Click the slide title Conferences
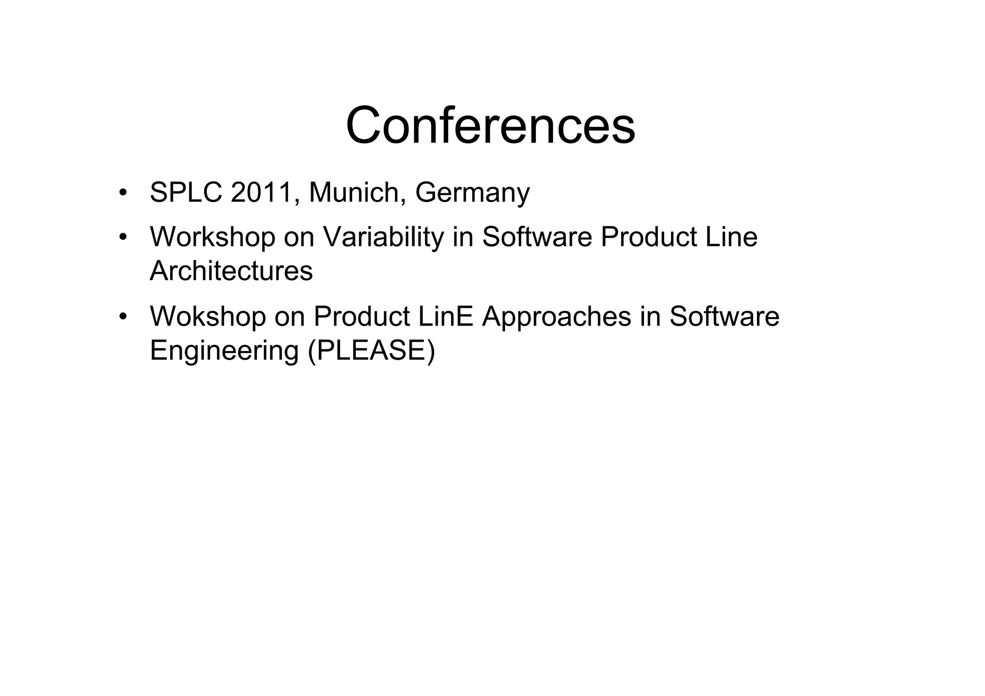click(490, 126)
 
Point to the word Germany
click(472, 193)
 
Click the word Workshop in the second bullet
click(212, 237)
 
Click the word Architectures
click(231, 271)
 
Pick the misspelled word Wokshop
click(207, 316)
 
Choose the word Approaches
click(556, 316)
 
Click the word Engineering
click(224, 350)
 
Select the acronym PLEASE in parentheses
click(371, 350)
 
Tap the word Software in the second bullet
click(537, 237)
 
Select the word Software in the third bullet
click(724, 316)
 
